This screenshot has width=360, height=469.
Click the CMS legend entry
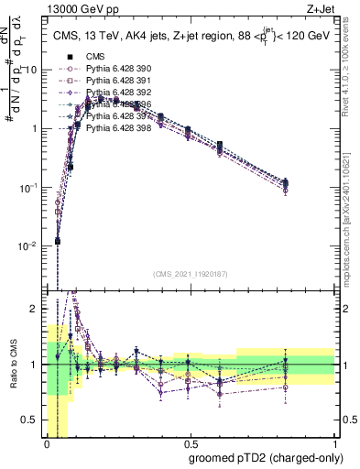click(x=95, y=56)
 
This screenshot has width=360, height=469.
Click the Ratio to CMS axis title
click(x=12, y=365)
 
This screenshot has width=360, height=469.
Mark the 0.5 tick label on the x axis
click(x=191, y=442)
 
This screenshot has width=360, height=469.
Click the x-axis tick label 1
click(x=336, y=442)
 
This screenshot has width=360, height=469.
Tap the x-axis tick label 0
click(x=46, y=442)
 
